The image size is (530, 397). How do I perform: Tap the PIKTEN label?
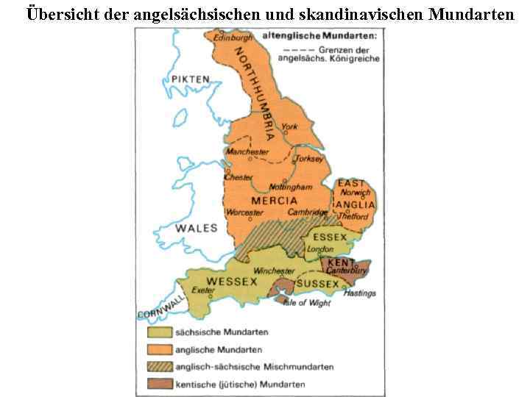click(x=191, y=79)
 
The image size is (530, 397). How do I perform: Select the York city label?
click(x=289, y=126)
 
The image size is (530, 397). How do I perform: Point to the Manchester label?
click(x=247, y=151)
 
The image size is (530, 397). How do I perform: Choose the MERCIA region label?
click(x=274, y=200)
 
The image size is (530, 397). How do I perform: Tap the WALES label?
click(x=196, y=228)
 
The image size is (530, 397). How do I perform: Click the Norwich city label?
click(x=356, y=193)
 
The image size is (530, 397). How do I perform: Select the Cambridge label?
click(x=308, y=212)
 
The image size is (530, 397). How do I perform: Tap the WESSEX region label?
click(x=232, y=281)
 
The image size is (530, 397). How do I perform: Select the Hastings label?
click(x=359, y=293)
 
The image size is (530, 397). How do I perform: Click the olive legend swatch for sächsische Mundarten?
click(x=158, y=332)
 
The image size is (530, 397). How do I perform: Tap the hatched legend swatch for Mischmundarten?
click(x=158, y=366)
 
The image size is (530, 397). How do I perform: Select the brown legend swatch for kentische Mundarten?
click(x=158, y=383)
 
